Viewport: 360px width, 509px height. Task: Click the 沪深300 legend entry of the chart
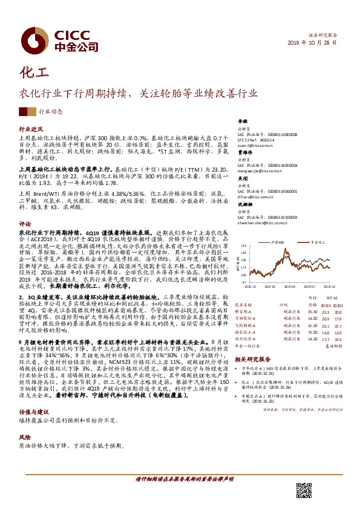(281, 241)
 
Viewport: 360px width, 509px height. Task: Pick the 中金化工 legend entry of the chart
(321, 241)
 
